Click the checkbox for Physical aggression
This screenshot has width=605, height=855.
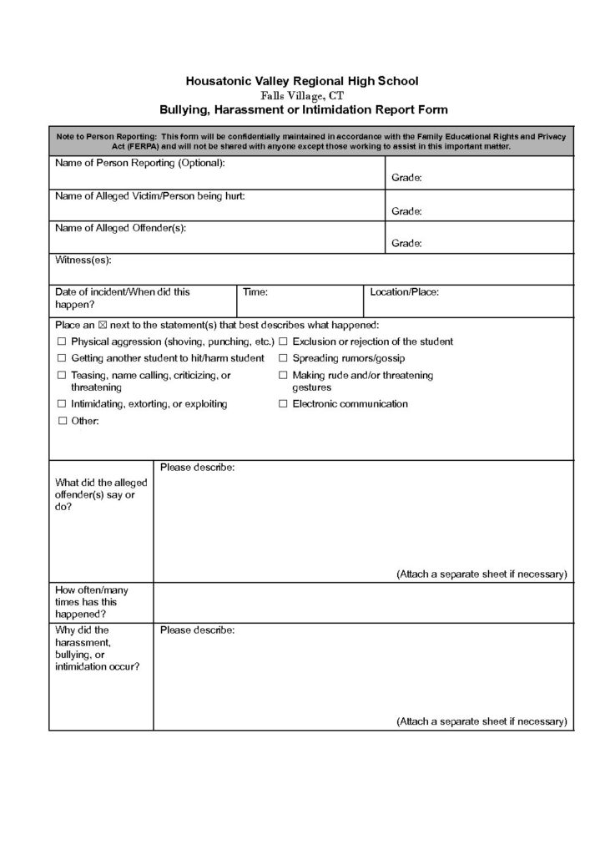[x=61, y=342]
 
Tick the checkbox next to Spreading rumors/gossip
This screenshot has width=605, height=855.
[x=283, y=358]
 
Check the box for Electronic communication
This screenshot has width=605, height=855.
[x=283, y=404]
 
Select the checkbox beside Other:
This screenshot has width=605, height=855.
[x=61, y=422]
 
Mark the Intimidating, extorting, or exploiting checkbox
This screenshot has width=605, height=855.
[x=61, y=404]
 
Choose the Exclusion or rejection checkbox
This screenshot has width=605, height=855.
[x=283, y=342]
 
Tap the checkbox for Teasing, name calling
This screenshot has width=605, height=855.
[x=61, y=376]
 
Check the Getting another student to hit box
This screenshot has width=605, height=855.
[x=61, y=358]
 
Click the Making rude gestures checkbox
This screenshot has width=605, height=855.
[x=283, y=376]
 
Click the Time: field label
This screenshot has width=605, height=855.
[x=255, y=292]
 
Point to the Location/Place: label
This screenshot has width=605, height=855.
[x=404, y=292]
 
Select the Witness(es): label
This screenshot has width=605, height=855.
[x=83, y=261]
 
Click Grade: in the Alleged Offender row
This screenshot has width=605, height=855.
[x=406, y=244]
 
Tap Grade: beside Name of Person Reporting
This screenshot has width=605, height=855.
[x=406, y=179]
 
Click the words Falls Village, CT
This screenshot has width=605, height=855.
[x=303, y=95]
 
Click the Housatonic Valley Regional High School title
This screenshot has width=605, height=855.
[x=302, y=81]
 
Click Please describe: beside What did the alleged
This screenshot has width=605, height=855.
[x=197, y=468]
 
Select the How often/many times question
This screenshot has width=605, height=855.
[x=92, y=601]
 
